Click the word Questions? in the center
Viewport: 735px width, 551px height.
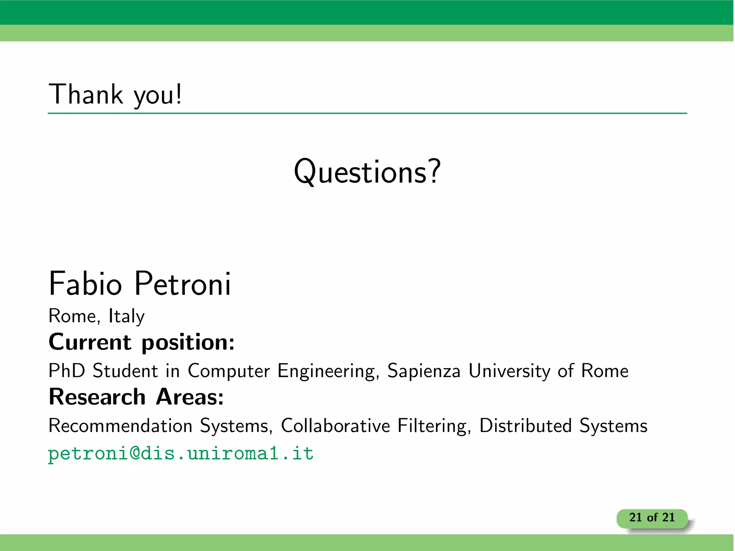click(367, 172)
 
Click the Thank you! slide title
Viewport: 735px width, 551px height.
click(115, 94)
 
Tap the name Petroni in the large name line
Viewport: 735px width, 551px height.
click(183, 284)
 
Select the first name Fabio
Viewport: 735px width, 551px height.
click(85, 284)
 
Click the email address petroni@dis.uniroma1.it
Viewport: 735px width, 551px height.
click(181, 453)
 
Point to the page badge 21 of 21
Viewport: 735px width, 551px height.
click(652, 518)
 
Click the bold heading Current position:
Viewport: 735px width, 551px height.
click(141, 342)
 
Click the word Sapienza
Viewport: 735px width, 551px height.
click(423, 371)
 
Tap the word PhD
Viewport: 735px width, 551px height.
click(67, 371)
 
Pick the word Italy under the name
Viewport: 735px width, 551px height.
click(126, 316)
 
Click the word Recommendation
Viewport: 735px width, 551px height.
click(120, 426)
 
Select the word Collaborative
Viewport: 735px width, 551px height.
click(335, 426)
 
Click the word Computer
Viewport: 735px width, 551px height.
click(229, 371)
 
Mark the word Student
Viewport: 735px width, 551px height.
click(125, 371)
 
